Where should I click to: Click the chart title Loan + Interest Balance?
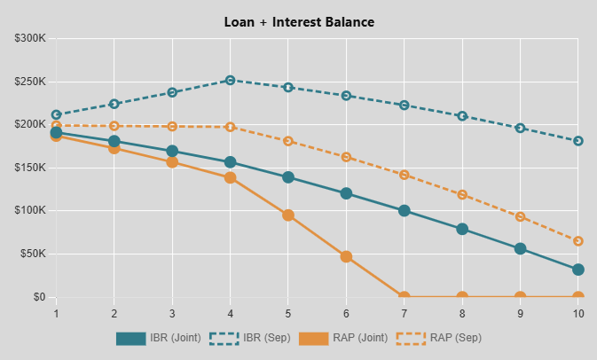point(299,21)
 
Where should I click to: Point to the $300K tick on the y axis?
point(31,38)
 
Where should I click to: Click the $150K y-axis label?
point(31,168)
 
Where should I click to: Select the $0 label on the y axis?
point(39,297)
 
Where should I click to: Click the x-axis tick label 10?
point(577,313)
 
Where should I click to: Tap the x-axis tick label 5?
point(288,313)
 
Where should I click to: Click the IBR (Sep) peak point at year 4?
point(230,81)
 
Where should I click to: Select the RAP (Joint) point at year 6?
point(346,256)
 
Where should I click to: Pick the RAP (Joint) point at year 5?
point(288,215)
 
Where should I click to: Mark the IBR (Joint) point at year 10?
point(578,270)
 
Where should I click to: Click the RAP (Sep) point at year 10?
point(578,241)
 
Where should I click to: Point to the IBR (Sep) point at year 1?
point(56,115)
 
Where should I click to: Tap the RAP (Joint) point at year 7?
point(405,297)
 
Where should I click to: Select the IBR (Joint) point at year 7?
point(405,211)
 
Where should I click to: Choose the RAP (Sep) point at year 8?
point(462,194)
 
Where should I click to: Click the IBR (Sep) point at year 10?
point(578,141)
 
